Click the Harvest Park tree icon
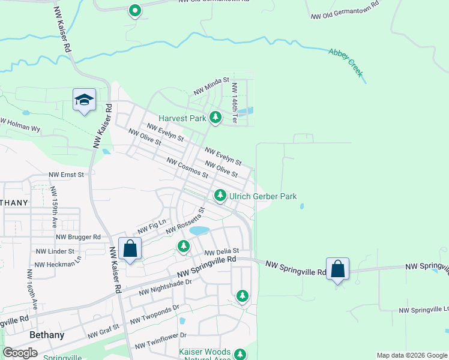coord(215,118)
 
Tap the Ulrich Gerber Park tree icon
coord(220,195)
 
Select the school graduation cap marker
coord(84,100)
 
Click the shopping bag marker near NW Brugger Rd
coord(130,248)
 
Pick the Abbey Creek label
coord(346,62)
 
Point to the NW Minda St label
coord(211,87)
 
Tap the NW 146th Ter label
coord(235,103)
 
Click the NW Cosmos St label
coord(187,168)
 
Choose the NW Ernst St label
coord(67,175)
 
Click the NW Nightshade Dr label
coord(165,287)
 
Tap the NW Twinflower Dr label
coord(161,340)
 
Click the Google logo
coord(20,352)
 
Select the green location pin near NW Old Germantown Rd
coord(135,10)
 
